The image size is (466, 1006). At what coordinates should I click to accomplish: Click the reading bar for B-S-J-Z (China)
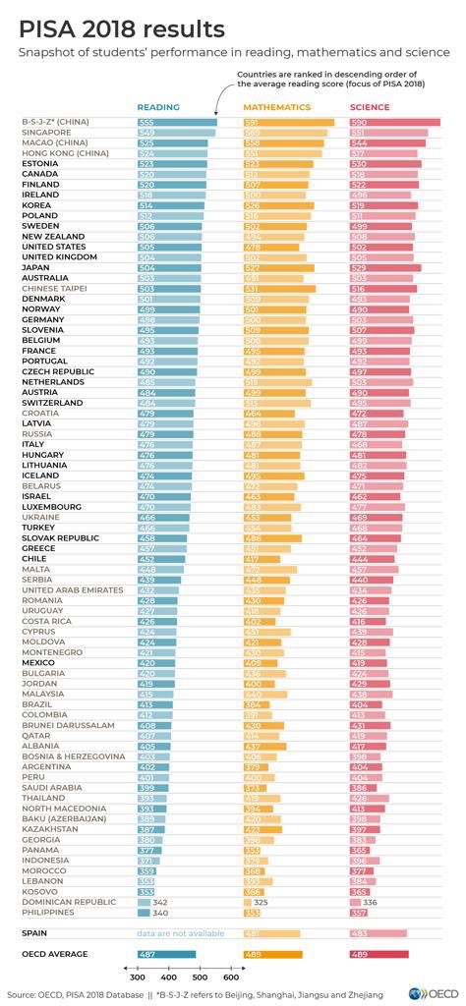tap(177, 122)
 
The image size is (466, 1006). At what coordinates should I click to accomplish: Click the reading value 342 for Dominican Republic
tap(160, 901)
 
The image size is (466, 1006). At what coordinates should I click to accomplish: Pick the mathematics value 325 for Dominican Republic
tap(262, 901)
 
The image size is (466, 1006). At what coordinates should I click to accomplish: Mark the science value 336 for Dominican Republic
tap(370, 901)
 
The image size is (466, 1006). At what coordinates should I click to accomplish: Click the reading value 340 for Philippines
tap(159, 912)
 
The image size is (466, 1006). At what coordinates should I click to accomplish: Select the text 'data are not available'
tap(179, 932)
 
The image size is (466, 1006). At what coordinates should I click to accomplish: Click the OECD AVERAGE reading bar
tap(166, 954)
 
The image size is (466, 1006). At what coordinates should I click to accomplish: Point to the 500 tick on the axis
tap(201, 978)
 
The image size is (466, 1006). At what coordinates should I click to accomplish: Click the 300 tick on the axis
tap(138, 978)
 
